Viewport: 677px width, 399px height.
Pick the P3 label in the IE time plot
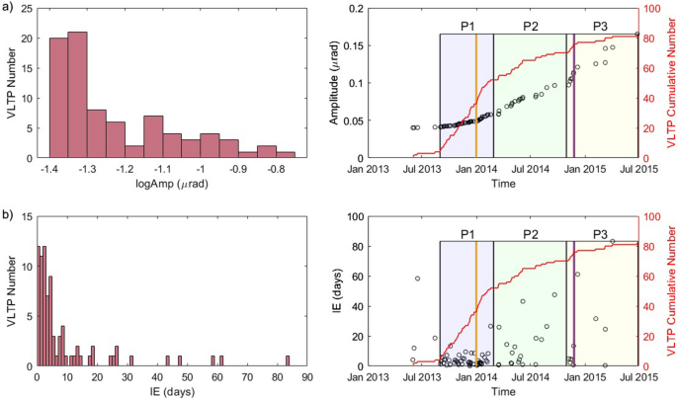click(x=599, y=233)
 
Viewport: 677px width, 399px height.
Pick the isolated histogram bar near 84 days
click(x=288, y=360)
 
